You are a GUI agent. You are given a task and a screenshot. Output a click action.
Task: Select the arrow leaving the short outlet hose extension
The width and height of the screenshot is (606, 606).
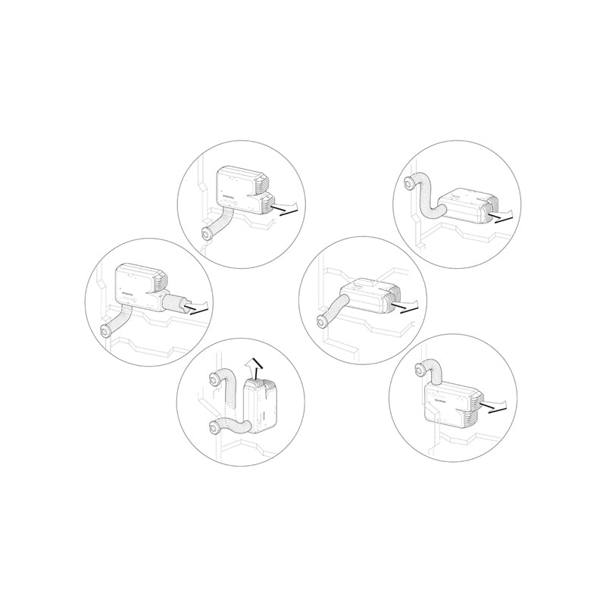pyautogui.click(x=199, y=308)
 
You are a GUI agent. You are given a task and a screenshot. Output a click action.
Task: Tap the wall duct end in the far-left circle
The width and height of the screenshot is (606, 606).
pyautogui.click(x=105, y=331)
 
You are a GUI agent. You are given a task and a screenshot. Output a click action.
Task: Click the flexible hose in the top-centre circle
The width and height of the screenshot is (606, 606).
pyautogui.click(x=220, y=222)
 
